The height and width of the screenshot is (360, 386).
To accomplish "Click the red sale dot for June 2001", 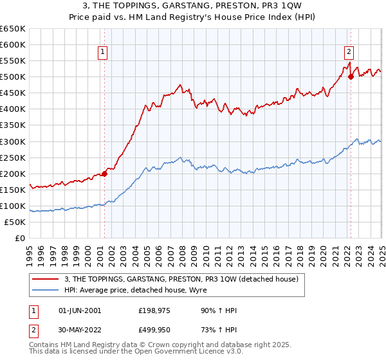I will point(104,174).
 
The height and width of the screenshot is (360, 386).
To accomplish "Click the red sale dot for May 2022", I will point(351,76).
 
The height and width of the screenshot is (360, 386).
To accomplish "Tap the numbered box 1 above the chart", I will point(103,53).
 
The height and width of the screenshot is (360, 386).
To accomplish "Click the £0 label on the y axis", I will point(21,238).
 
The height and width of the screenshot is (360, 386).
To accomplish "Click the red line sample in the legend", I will point(46,280).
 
